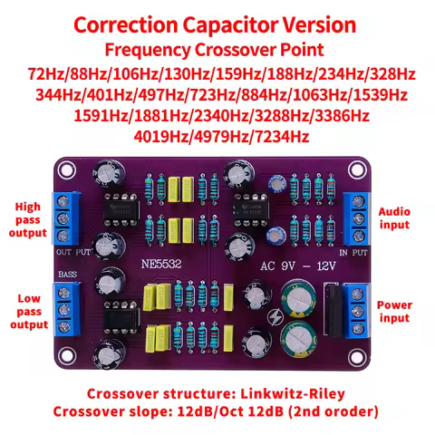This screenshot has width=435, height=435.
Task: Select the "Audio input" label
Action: point(393,217)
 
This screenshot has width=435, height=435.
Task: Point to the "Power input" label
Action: point(393,312)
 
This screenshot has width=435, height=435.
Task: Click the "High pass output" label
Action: point(28,220)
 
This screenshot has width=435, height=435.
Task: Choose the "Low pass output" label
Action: point(28,311)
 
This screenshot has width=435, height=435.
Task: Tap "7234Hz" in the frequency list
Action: point(281,137)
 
